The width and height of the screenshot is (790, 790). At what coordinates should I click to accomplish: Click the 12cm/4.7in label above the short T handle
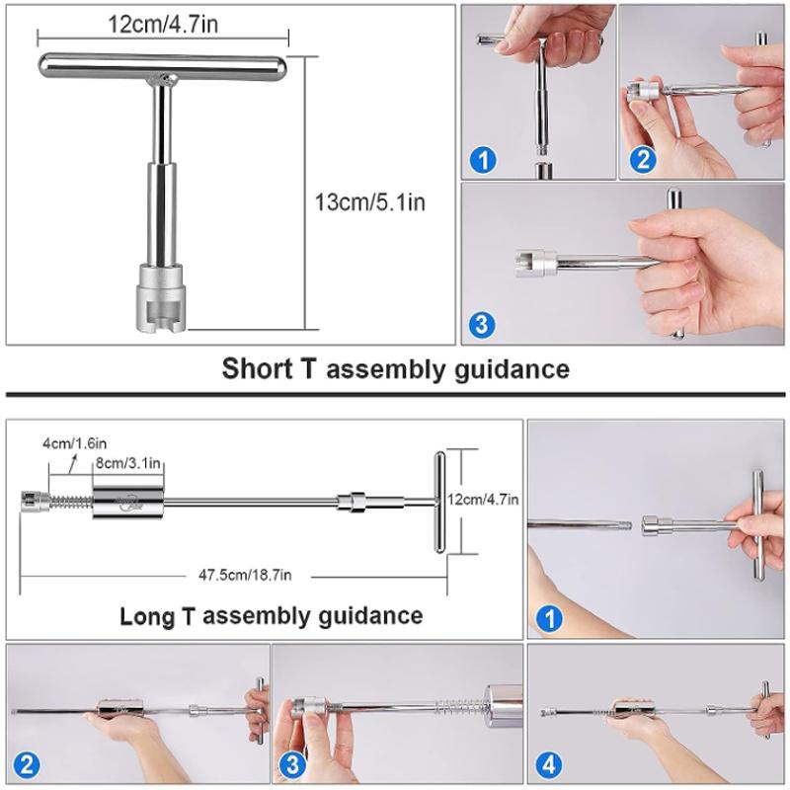pyautogui.click(x=163, y=24)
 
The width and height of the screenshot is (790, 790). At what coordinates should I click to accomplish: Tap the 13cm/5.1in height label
pyautogui.click(x=369, y=202)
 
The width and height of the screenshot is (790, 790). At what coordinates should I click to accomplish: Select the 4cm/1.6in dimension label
pyautogui.click(x=75, y=443)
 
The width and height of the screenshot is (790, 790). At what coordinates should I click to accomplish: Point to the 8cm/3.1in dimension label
pyautogui.click(x=128, y=462)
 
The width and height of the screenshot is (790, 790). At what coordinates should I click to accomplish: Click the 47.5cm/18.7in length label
pyautogui.click(x=245, y=575)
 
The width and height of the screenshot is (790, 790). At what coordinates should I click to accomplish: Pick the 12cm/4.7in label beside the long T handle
pyautogui.click(x=483, y=500)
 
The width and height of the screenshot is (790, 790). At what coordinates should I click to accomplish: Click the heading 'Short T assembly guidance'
pyautogui.click(x=396, y=368)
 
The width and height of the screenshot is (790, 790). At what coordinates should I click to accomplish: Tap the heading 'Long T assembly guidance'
pyautogui.click(x=271, y=616)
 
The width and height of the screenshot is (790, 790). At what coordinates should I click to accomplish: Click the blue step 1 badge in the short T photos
pyautogui.click(x=483, y=160)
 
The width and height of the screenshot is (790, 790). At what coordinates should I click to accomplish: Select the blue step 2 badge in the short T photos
pyautogui.click(x=643, y=160)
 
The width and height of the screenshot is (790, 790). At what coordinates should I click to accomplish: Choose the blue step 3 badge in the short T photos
pyautogui.click(x=482, y=325)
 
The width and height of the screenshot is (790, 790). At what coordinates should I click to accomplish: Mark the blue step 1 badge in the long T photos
pyautogui.click(x=549, y=619)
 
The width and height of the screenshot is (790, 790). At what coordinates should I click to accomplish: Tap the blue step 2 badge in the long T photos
pyautogui.click(x=27, y=764)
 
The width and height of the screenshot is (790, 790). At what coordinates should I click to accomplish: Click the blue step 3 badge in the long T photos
pyautogui.click(x=292, y=764)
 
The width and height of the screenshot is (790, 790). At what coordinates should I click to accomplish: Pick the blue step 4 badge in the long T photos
pyautogui.click(x=549, y=764)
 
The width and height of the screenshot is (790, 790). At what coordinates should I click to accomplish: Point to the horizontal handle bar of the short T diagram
pyautogui.click(x=163, y=65)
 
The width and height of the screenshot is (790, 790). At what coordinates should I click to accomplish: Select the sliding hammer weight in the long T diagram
pyautogui.click(x=128, y=503)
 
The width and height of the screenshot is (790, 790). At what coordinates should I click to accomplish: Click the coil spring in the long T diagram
pyautogui.click(x=71, y=502)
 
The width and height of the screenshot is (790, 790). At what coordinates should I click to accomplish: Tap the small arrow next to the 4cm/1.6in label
pyautogui.click(x=72, y=463)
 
